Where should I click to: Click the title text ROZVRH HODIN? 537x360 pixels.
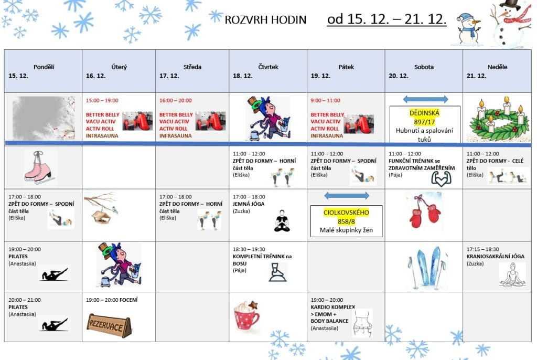pyautogui.click(x=265, y=20)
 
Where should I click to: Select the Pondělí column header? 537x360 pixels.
pyautogui.click(x=44, y=67)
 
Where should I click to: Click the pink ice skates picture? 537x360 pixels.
pyautogui.click(x=39, y=166)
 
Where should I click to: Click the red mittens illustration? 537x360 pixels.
pyautogui.click(x=424, y=210)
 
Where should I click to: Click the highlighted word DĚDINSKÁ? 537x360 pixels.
pyautogui.click(x=424, y=113)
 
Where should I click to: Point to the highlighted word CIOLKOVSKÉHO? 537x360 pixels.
pyautogui.click(x=346, y=213)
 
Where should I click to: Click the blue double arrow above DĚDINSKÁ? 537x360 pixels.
pyautogui.click(x=425, y=99)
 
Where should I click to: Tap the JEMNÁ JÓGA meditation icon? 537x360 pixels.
pyautogui.click(x=282, y=221)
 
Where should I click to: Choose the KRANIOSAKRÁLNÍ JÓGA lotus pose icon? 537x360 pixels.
pyautogui.click(x=512, y=274)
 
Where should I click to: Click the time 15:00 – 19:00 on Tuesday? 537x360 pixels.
pyautogui.click(x=102, y=100)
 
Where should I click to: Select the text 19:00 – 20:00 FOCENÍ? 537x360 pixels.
pyautogui.click(x=111, y=300)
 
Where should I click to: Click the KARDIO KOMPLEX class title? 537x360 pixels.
pyautogui.click(x=333, y=306)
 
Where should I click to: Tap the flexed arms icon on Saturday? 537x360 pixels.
pyautogui.click(x=441, y=178)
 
